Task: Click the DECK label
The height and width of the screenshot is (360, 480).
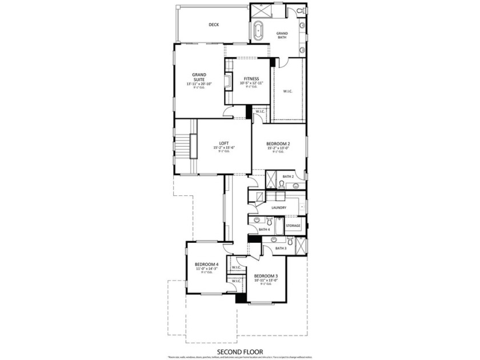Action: [214, 25]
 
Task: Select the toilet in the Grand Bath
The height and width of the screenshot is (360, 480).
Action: [301, 11]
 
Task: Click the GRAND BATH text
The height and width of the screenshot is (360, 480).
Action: [282, 35]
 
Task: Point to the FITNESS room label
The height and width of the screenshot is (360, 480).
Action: [251, 78]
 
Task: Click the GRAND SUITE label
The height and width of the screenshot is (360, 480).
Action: [199, 77]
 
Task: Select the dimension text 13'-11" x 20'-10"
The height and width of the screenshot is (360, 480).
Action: [199, 84]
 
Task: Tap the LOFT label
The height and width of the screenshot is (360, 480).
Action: [225, 143]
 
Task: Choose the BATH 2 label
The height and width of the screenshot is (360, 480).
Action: [288, 177]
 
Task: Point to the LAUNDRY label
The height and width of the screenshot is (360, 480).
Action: [279, 207]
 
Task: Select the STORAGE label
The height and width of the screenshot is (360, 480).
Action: [293, 226]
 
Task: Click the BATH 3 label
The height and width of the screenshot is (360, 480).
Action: [281, 248]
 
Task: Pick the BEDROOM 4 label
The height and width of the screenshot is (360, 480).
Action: [206, 264]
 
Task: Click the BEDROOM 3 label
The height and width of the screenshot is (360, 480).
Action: [266, 275]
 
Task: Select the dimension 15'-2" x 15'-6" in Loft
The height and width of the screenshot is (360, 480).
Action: [225, 148]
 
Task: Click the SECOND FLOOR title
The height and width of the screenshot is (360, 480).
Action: [239, 352]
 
